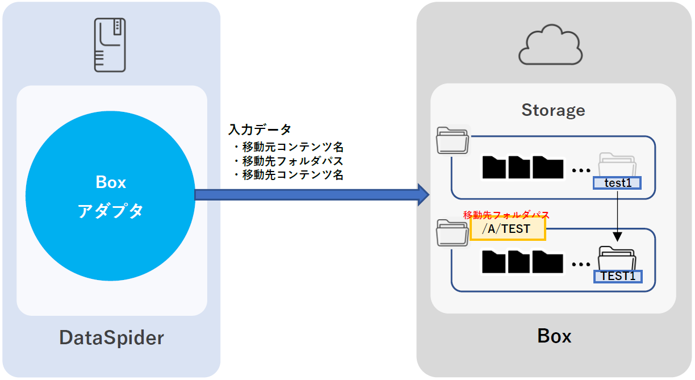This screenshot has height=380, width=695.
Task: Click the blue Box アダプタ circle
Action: pos(111,195)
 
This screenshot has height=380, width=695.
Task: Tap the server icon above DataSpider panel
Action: pos(110,45)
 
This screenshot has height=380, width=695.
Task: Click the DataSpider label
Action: pos(111,338)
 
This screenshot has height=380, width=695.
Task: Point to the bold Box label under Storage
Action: pos(554,336)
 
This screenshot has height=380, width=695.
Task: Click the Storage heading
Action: pos(553,110)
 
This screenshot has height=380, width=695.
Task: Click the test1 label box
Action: pos(617,183)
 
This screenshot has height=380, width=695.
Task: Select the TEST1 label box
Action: pos(618,277)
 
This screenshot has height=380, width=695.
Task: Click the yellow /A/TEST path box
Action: pos(508,229)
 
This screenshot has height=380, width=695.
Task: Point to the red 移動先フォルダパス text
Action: pos(506,215)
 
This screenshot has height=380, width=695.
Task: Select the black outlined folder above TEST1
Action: pos(618,258)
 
